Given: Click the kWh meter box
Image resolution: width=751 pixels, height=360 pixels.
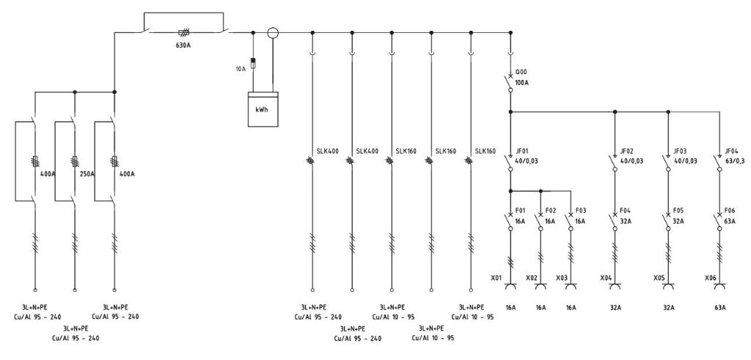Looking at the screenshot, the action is click(263, 109).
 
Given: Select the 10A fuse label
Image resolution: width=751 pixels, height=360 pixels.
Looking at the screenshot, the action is click(241, 69).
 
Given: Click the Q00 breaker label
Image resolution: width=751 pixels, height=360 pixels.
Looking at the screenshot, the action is click(521, 73).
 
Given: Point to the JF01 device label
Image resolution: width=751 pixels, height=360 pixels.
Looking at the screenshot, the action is click(522, 151).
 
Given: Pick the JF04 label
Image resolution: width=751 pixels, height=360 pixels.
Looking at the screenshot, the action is click(732, 151).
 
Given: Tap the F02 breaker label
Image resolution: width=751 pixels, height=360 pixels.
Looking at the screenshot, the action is click(550, 210).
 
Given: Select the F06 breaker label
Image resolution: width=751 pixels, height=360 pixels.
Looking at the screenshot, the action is click(730, 210).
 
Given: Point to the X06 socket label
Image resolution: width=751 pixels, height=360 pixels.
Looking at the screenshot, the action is click(710, 278).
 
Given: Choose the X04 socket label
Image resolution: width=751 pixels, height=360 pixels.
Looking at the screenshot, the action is click(606, 278).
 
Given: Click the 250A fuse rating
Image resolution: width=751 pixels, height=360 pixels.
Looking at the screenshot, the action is click(87, 173).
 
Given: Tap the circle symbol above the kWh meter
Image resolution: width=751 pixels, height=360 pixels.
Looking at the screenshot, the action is click(272, 32).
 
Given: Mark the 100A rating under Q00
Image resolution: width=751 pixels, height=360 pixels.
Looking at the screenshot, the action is click(522, 83).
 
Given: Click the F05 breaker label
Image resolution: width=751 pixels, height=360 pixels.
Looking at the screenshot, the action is click(678, 210).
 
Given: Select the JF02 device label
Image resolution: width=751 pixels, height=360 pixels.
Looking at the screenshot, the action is click(627, 151).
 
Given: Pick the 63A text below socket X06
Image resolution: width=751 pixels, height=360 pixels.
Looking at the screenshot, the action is click(720, 307).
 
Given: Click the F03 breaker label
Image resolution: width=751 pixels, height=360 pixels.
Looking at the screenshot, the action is click(581, 210).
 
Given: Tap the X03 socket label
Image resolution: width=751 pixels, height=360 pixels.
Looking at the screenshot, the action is click(562, 278).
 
